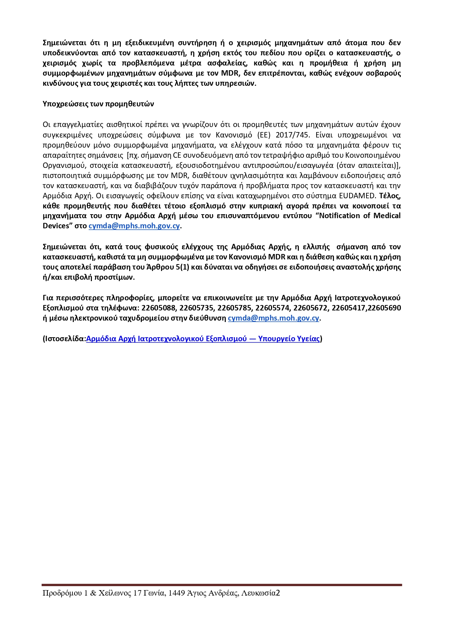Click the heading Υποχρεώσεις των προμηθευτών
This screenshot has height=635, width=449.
tap(98, 104)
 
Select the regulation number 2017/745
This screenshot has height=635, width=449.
tap(293, 135)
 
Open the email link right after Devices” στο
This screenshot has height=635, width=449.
tap(134, 226)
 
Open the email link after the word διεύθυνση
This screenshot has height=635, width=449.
tap(274, 318)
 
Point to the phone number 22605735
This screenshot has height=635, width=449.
tap(198, 308)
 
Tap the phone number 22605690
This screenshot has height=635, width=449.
tap(385, 308)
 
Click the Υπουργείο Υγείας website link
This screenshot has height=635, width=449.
tap(203, 339)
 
